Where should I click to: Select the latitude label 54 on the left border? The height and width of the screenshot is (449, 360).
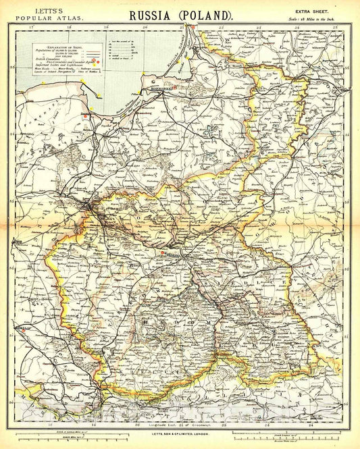point(14,134)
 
